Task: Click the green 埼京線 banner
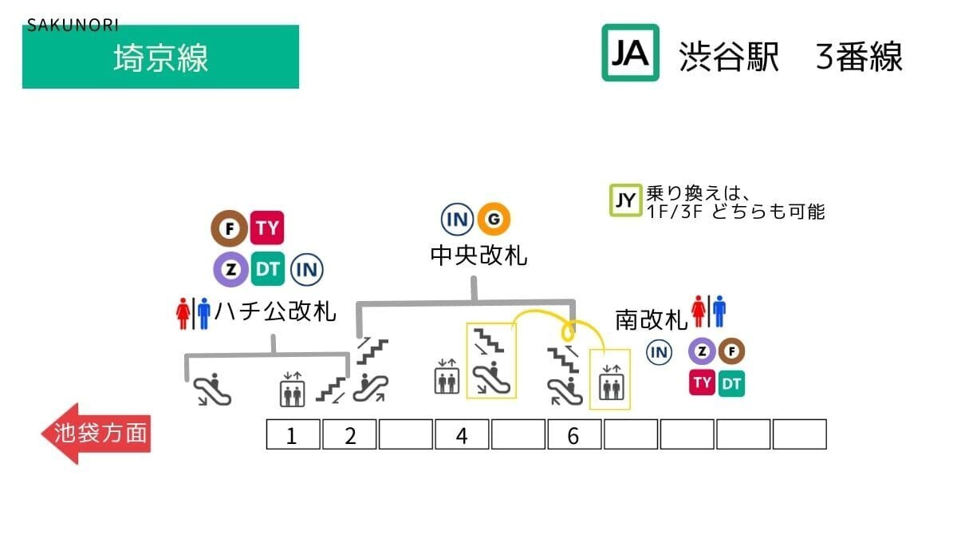160,57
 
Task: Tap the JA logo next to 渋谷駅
630,53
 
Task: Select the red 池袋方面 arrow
95,434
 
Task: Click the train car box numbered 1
292,435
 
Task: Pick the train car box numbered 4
462,435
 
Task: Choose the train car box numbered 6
573,435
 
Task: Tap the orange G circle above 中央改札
494,219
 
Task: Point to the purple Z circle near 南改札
703,351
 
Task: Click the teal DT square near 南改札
731,383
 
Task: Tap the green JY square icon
625,201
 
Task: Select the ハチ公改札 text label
274,311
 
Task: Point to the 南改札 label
651,320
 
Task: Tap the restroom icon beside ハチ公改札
192,313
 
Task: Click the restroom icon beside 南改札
709,311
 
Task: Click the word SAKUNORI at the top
73,25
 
